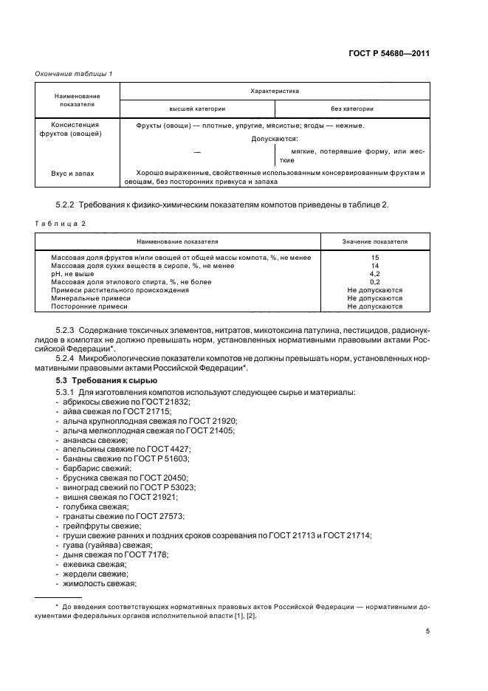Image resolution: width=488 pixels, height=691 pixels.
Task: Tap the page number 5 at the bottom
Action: click(x=427, y=631)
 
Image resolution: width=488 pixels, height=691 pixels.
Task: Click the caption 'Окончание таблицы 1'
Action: click(x=75, y=75)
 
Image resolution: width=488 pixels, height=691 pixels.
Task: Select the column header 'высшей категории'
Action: click(x=197, y=109)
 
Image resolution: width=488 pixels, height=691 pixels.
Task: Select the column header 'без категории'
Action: click(x=352, y=109)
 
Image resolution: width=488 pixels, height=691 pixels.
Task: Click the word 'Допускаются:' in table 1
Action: click(x=274, y=138)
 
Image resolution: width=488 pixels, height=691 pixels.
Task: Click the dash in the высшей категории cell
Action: click(x=197, y=151)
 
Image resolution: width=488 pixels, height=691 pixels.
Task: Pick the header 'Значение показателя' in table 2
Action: click(x=374, y=241)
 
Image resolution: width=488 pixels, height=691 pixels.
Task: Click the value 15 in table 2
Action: click(x=374, y=258)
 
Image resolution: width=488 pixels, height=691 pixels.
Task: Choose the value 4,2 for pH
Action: click(x=374, y=274)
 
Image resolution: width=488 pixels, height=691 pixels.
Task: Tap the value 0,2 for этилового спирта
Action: click(x=374, y=282)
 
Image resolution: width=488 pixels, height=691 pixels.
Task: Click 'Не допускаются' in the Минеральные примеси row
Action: click(x=374, y=298)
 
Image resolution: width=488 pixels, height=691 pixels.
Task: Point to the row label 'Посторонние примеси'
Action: click(x=89, y=306)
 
